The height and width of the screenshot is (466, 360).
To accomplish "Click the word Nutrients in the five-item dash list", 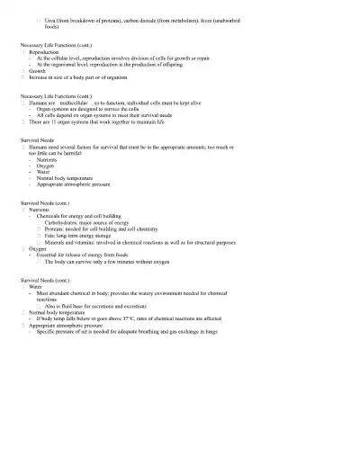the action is pos(49,159).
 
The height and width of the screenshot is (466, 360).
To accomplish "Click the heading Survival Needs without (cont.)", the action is pos(38,141).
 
